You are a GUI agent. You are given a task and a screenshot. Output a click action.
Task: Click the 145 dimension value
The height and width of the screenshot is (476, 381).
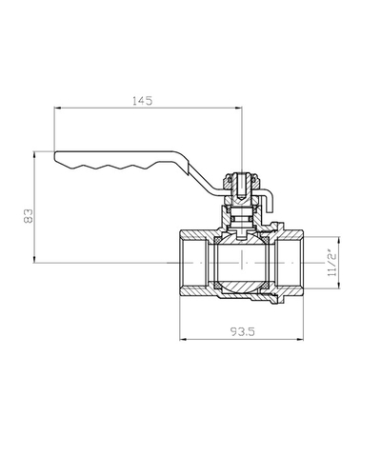pos(143,101)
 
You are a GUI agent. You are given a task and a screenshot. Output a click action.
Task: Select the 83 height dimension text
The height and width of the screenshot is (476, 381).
pos(29,216)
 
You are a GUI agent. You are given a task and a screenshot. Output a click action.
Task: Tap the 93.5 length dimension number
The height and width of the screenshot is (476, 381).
pos(243,332)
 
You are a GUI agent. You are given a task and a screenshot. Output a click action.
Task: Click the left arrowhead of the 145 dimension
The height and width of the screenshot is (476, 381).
pos(57,109)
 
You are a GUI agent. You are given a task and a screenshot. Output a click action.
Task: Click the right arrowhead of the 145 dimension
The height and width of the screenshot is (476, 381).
pos(239,109)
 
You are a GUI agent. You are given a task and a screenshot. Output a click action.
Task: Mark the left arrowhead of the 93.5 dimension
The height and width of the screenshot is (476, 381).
pos(183,340)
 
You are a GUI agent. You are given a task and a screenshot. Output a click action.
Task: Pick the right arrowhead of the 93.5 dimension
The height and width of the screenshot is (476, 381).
pos(300,340)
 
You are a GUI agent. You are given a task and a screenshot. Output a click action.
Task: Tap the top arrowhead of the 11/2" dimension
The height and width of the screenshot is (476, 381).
pos(339,240)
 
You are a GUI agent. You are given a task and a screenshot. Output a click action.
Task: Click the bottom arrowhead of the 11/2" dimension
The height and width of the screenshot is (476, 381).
pos(339,286)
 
